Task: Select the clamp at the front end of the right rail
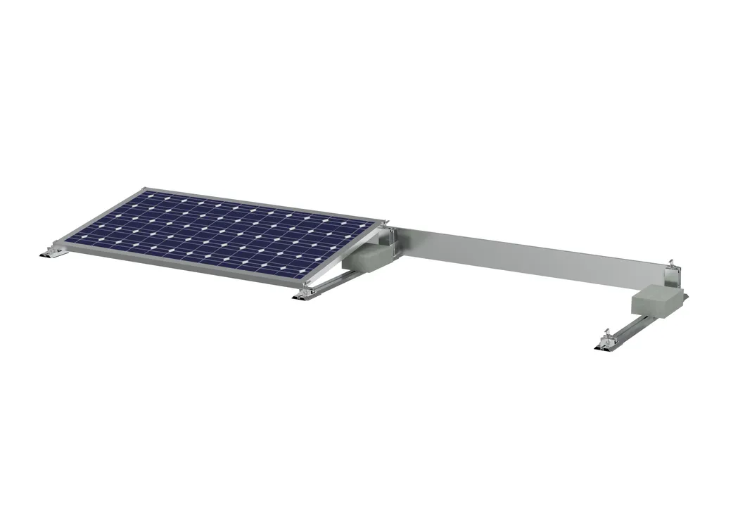[x=604, y=343]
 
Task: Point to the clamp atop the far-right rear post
[x=675, y=265]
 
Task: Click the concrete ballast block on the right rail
[x=658, y=301]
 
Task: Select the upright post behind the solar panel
[x=394, y=243]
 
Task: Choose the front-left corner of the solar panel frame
[x=58, y=244]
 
